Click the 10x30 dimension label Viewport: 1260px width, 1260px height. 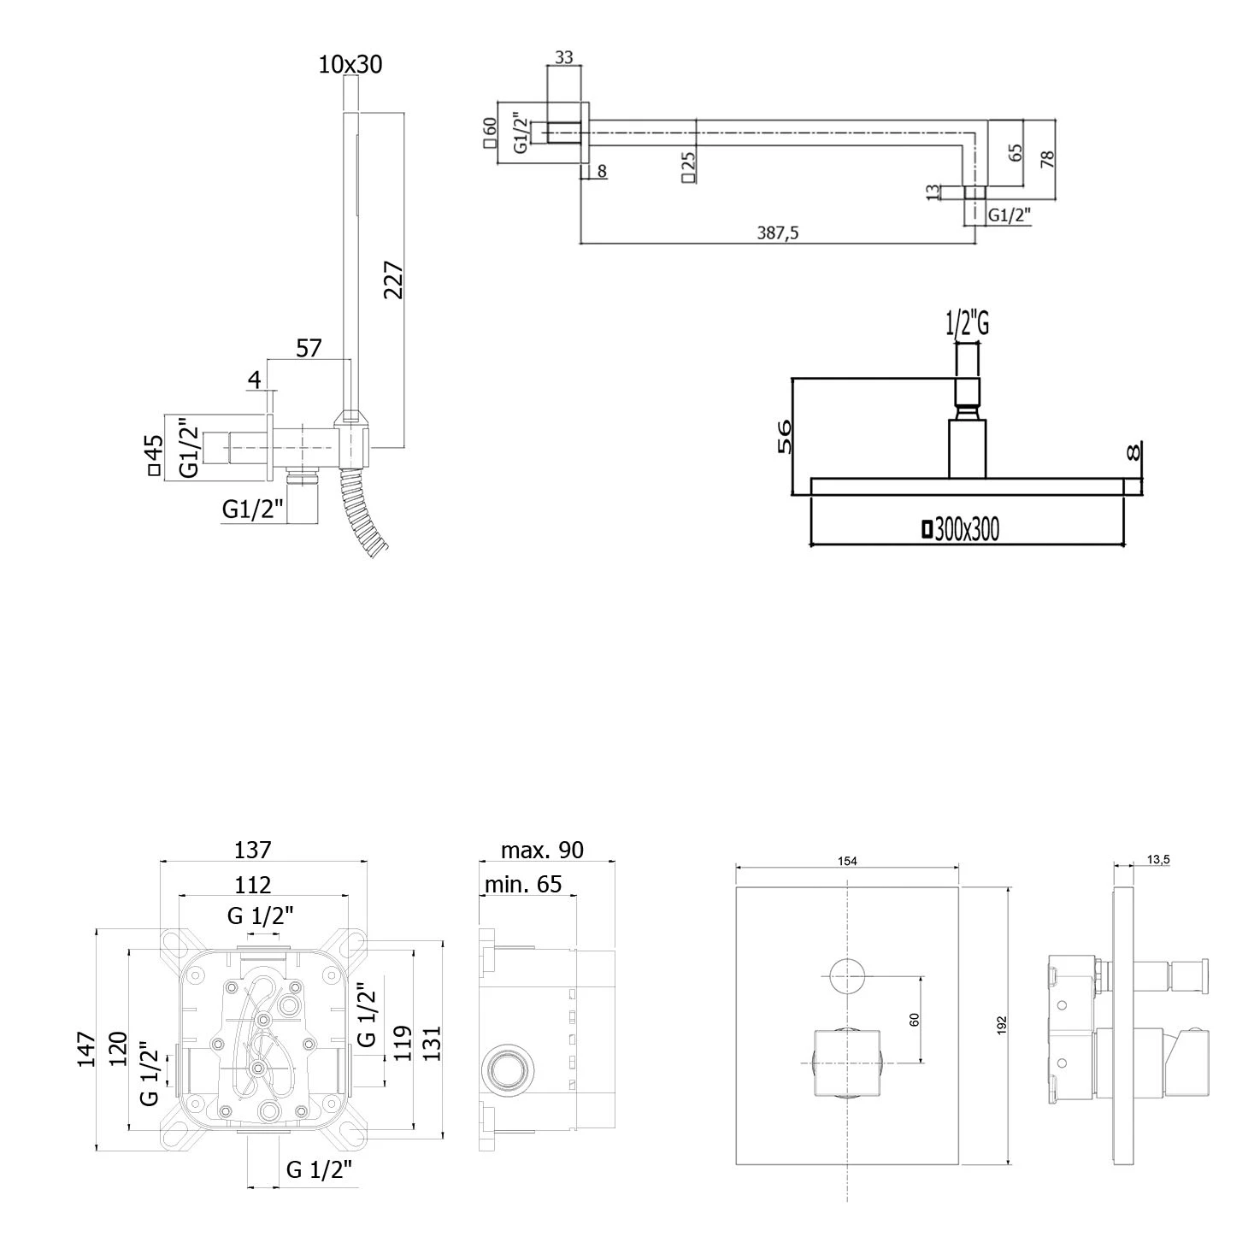350,64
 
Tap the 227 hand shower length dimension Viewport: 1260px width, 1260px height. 394,280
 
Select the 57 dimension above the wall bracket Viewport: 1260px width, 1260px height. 309,348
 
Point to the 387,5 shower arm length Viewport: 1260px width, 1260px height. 778,233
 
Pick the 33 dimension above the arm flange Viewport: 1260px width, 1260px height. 564,57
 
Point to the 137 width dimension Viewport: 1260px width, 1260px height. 253,850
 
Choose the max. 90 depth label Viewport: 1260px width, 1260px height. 542,850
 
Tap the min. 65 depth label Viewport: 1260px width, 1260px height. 523,884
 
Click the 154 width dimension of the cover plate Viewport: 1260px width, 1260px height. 846,862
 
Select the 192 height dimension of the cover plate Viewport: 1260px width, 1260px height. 1002,1026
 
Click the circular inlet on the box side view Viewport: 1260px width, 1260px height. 509,1069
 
